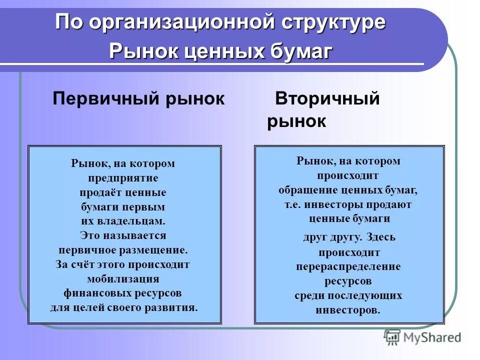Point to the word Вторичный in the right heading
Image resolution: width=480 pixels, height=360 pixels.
point(327,98)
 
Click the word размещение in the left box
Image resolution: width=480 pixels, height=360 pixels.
point(156,249)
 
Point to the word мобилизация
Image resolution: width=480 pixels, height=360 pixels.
point(123,278)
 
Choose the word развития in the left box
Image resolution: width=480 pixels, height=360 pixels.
point(175,307)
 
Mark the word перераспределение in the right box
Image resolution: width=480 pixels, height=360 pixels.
point(348,266)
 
